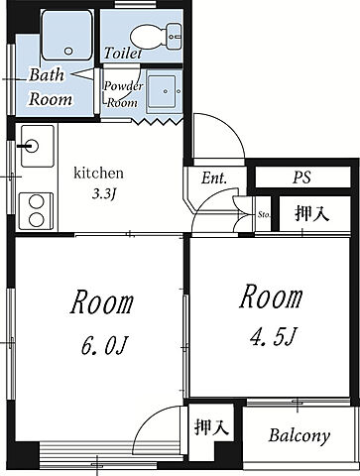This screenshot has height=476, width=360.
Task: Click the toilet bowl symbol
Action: click(x=156, y=37)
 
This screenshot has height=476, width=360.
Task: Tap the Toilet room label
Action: click(x=123, y=53)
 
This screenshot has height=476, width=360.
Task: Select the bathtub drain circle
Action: click(x=68, y=52)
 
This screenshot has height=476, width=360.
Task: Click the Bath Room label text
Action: click(x=50, y=87)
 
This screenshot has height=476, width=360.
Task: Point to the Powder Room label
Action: click(x=123, y=94)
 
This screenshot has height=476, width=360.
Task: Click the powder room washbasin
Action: click(x=164, y=91)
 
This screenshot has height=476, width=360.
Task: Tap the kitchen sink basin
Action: click(x=38, y=146)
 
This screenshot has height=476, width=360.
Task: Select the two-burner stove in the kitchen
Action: click(x=36, y=211)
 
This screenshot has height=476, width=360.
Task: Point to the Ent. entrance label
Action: click(x=214, y=178)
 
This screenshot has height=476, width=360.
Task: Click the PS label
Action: click(x=301, y=178)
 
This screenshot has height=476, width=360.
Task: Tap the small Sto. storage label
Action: click(x=264, y=215)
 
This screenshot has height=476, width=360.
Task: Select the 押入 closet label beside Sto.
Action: click(x=311, y=213)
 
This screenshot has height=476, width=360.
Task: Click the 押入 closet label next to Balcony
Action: click(x=211, y=426)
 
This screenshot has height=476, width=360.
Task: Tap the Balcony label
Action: click(x=300, y=435)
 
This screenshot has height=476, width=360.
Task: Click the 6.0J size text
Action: click(x=104, y=346)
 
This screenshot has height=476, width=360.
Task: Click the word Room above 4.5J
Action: click(x=271, y=297)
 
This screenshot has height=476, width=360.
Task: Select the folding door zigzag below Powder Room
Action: click(x=158, y=122)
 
